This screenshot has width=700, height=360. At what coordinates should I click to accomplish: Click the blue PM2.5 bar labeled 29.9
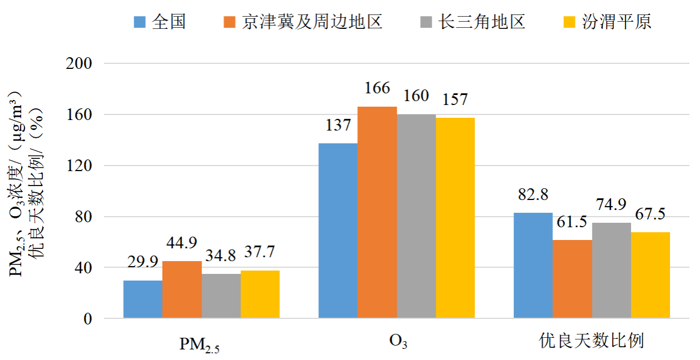pos(143,299)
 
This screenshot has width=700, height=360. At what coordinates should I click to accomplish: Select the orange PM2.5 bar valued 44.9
pos(182,289)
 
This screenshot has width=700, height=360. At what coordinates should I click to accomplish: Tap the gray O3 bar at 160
pos(416,216)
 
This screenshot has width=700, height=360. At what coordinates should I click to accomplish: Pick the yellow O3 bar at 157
pos(456,218)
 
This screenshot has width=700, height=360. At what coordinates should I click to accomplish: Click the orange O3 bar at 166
pos(377,212)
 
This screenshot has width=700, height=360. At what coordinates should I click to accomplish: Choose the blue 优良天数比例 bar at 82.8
pos(533,266)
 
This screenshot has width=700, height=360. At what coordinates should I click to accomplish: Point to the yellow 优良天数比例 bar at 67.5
pos(651,275)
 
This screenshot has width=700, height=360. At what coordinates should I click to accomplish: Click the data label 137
pos(338,125)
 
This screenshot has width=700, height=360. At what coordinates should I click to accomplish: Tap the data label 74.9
pos(611,204)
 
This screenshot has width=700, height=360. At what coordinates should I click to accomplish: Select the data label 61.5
pos(572,222)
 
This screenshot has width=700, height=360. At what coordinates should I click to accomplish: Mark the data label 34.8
pos(221,256)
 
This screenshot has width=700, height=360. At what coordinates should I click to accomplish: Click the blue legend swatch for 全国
pos(139,22)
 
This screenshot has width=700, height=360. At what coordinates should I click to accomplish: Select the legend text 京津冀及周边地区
pos(312,22)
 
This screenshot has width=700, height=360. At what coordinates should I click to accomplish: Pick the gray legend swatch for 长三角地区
pos(426,22)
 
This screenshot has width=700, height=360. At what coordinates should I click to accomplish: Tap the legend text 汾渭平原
pos(617,22)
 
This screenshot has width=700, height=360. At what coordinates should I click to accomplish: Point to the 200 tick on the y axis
pos(79,63)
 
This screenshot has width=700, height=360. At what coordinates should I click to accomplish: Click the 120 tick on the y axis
pos(79,166)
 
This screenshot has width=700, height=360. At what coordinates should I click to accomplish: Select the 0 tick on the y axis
pos(88,319)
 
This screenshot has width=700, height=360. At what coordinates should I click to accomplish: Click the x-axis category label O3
pos(398,342)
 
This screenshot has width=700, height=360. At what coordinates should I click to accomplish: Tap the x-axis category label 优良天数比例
pos(591,341)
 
